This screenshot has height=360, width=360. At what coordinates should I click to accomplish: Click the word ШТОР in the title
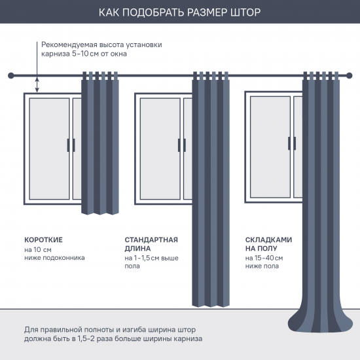(x=245, y=12)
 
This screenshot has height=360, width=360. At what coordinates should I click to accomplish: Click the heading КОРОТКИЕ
(x=44, y=240)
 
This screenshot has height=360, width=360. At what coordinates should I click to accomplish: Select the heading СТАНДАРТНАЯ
(x=151, y=240)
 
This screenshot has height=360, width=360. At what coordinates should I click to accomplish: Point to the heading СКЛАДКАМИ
(x=268, y=240)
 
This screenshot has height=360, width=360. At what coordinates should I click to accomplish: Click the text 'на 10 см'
(x=38, y=249)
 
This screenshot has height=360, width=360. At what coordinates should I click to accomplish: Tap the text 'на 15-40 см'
(x=264, y=259)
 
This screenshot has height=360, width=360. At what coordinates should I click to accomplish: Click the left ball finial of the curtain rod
(x=9, y=75)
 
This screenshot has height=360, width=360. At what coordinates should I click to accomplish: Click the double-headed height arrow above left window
(x=37, y=84)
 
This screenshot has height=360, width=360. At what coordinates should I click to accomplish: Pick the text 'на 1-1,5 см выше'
(x=151, y=259)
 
